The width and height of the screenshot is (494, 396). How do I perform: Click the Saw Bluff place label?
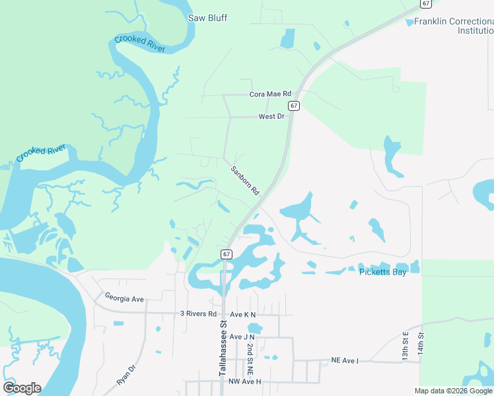click(x=207, y=18)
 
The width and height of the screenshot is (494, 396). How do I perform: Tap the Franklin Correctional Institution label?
click(x=453, y=26)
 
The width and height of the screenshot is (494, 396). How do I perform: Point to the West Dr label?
click(x=271, y=116)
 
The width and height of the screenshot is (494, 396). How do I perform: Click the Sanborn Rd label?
click(x=245, y=179)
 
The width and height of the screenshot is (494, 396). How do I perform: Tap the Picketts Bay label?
click(x=382, y=271)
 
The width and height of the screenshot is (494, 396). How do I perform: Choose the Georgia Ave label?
click(x=124, y=299)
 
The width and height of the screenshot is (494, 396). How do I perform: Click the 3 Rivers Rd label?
click(x=198, y=314)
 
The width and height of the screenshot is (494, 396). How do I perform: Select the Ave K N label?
click(x=242, y=315)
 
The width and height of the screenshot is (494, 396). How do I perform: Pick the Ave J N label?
click(x=242, y=337)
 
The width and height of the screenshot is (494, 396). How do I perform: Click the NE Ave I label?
click(x=345, y=361)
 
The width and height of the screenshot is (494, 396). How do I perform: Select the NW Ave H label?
click(x=227, y=381)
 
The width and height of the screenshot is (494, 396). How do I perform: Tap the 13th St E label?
click(x=406, y=345)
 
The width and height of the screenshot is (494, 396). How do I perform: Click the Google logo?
click(x=22, y=388)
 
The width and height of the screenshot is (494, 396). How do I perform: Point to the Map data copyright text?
click(x=453, y=391)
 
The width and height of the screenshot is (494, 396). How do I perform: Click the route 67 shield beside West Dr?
click(x=294, y=106)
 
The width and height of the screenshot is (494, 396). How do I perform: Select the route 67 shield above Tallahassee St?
click(x=227, y=253)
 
